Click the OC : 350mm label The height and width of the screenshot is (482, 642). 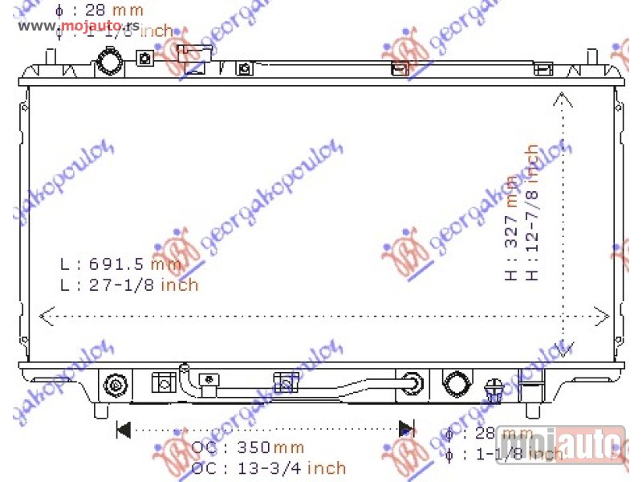pos(247,447)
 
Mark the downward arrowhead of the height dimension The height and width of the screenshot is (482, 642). pos(563,347)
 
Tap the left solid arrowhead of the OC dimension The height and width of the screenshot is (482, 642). pos(124,429)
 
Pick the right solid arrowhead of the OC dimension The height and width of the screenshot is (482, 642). pos(407,429)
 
